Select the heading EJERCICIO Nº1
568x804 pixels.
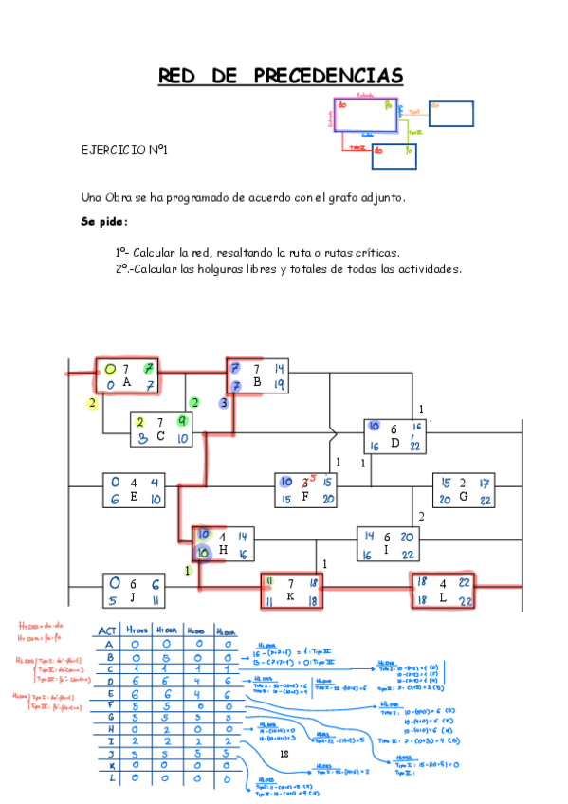coord(125,150)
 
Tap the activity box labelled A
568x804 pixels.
coord(127,375)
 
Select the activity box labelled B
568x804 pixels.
coord(257,375)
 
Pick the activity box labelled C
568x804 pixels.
coord(161,429)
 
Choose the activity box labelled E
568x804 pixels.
coord(134,489)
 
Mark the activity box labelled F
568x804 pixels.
coord(304,490)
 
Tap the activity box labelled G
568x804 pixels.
coord(464,490)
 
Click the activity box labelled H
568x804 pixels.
coord(223,543)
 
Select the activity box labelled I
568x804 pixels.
coord(386,545)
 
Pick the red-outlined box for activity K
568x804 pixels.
coord(291,590)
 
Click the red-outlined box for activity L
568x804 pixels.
coord(441,590)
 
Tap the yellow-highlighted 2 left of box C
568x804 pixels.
coord(93,403)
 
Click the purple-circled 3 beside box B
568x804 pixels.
coord(224,403)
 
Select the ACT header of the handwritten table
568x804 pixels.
coord(113,630)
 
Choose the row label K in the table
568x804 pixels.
coord(113,764)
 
